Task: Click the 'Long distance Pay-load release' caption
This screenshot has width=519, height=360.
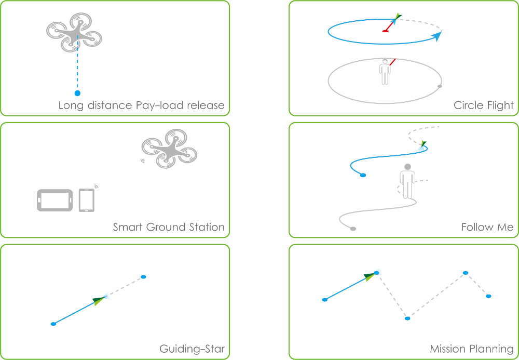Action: pos(141,105)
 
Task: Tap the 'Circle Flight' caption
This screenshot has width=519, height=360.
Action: pos(483,105)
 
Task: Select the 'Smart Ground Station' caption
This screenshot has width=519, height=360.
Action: pos(169,227)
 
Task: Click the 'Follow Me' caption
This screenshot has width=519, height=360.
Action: pos(487,227)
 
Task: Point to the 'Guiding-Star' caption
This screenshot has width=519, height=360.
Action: pos(192,349)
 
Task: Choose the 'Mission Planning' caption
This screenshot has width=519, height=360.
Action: pos(471,349)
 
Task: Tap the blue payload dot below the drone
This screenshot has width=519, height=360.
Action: pos(77,94)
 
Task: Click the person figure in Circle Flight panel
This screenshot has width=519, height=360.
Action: pos(384,72)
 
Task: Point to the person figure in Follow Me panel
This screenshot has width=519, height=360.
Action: pos(408,182)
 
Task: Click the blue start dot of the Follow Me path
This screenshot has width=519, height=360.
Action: pos(363,175)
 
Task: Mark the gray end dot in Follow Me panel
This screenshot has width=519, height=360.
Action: pos(353,229)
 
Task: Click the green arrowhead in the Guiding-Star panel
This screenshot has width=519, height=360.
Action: pos(99,300)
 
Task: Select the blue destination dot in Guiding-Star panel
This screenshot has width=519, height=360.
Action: pos(143,276)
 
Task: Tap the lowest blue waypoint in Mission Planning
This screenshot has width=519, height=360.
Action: pos(407,318)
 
